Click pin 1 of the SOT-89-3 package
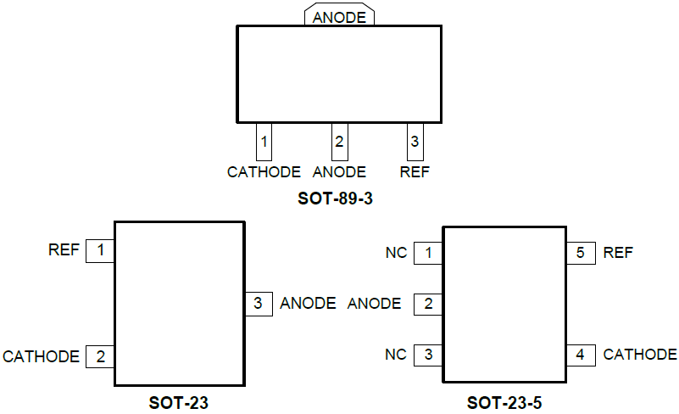[x=264, y=142]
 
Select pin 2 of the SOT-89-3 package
[x=339, y=142]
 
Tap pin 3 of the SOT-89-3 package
[x=415, y=142]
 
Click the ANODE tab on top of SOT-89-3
[x=339, y=17]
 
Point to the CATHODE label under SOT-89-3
[x=264, y=172]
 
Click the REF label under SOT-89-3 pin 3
[x=415, y=172]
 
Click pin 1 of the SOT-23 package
[x=101, y=251]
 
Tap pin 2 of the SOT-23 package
[x=101, y=357]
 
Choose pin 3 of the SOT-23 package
[x=259, y=304]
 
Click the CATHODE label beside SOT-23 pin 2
[x=42, y=357]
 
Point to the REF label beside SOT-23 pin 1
[x=64, y=250]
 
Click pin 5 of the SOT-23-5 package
[x=581, y=253]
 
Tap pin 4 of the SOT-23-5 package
[x=581, y=355]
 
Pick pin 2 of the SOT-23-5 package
[x=429, y=304]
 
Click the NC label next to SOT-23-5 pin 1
[x=396, y=253]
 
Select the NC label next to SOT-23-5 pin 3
[x=396, y=355]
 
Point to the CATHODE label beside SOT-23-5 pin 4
[x=640, y=355]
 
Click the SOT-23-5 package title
[x=504, y=403]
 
